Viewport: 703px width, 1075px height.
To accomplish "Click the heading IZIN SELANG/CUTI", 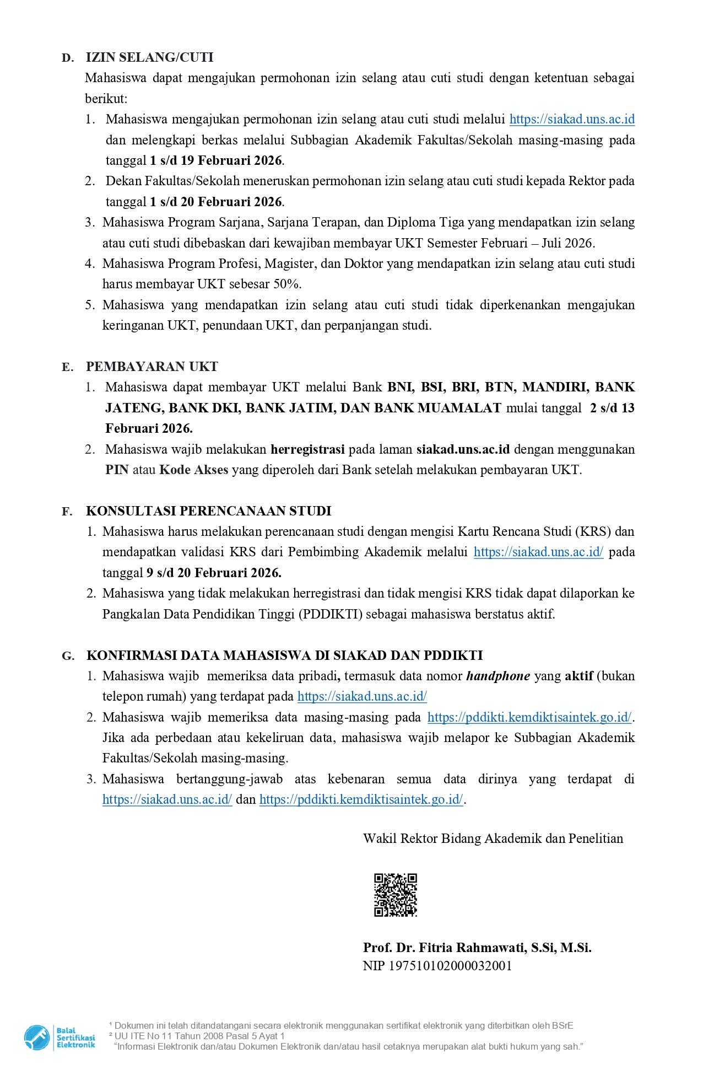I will coord(149,57).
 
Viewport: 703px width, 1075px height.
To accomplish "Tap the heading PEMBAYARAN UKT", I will coord(152,367).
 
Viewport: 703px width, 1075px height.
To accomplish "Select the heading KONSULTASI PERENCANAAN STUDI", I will coord(208,511).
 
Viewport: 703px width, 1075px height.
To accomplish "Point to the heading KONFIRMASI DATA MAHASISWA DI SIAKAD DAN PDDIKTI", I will coord(284,655).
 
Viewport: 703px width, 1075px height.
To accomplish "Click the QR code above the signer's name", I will coord(395,895).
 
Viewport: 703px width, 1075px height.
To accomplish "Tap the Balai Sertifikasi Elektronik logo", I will coord(60,1037).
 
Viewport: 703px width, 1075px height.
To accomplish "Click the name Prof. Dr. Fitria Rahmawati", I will coord(477,948).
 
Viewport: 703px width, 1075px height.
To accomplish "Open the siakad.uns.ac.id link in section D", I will coord(572,119).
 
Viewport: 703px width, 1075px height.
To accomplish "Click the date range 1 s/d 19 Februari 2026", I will coord(216,160).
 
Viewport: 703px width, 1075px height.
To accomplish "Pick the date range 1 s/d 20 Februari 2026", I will coord(216,202).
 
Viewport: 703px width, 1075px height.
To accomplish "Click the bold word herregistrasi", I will coord(307,449).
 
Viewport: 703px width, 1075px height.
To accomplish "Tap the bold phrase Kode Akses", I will coord(193,470).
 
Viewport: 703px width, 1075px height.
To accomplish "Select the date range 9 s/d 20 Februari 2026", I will coord(214,573).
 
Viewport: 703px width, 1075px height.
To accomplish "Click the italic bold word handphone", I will coord(497,676).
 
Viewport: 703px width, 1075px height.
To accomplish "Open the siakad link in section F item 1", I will coord(538,552).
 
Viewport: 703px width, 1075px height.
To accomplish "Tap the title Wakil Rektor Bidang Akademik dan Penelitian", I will coord(493,839).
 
